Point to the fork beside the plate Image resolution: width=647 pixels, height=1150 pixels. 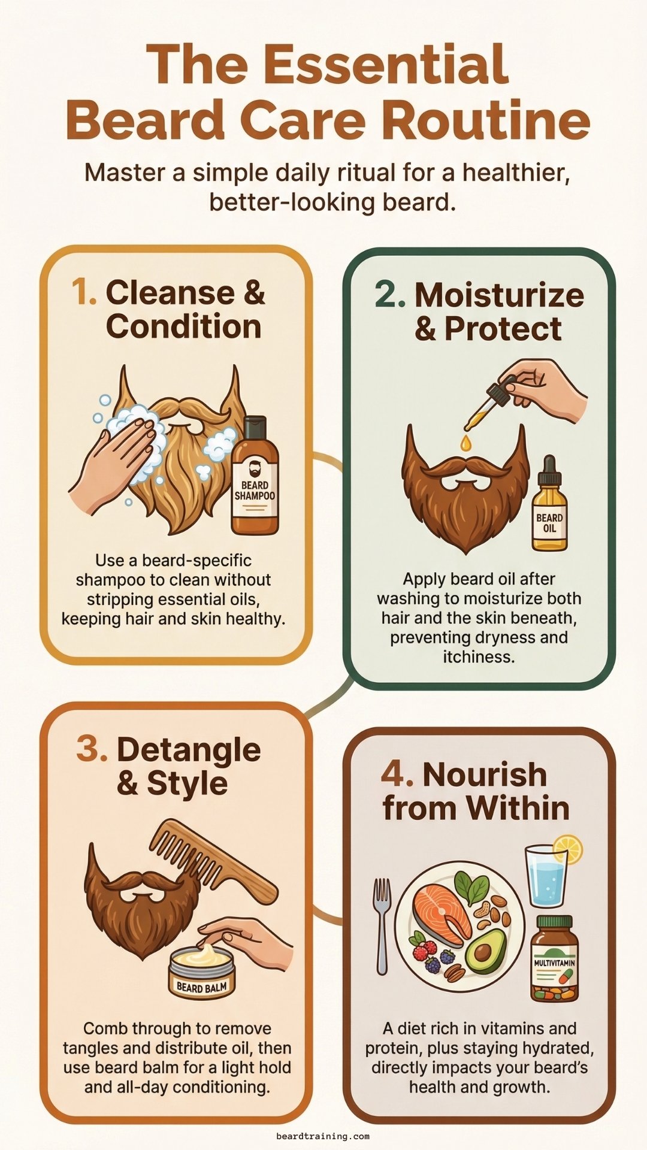coord(382,925)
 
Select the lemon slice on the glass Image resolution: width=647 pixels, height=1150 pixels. coord(567,850)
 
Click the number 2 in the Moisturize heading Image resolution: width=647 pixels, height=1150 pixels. coord(390,295)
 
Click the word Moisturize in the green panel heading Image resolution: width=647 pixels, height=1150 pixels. coord(499,295)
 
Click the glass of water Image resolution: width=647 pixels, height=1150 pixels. coord(546,877)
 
